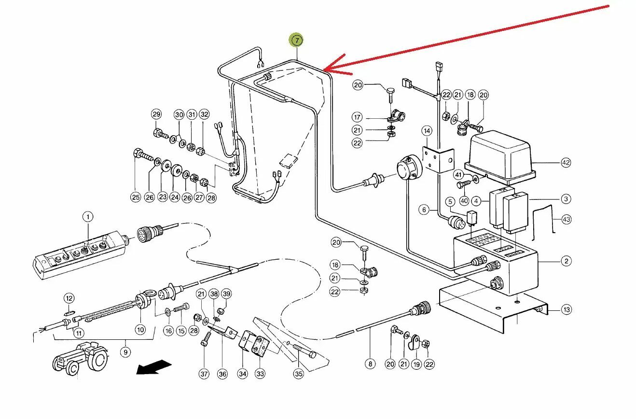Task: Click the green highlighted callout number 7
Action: click(x=296, y=40)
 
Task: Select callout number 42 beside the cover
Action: click(x=566, y=163)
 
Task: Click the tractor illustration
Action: click(x=80, y=357)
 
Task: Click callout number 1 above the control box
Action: click(x=88, y=217)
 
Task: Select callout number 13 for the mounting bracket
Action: click(x=566, y=309)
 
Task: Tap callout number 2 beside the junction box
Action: click(x=566, y=262)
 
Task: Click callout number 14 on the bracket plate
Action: click(x=427, y=130)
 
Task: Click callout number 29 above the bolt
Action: click(x=156, y=114)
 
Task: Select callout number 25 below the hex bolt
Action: click(x=135, y=196)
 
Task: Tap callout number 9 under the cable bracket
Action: click(x=125, y=352)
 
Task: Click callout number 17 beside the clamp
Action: click(x=357, y=117)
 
